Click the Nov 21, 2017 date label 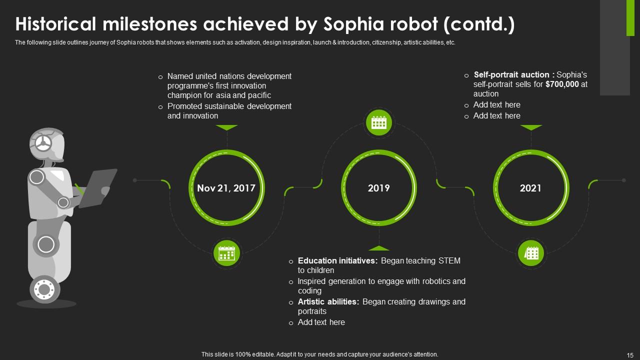pos(226,188)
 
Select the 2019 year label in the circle pos(378,188)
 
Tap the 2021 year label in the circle pos(530,188)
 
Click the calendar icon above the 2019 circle pos(379,123)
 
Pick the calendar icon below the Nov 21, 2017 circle pos(226,253)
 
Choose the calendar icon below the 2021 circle pos(531,253)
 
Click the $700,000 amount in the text pos(562,84)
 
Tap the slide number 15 pos(629,355)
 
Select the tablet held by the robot pos(97,187)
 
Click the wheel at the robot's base pos(44,289)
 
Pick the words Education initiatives pos(337,261)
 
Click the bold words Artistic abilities pos(328,301)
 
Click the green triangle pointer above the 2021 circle pos(531,127)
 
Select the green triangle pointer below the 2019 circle pos(379,248)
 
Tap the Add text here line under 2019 pos(321,322)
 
